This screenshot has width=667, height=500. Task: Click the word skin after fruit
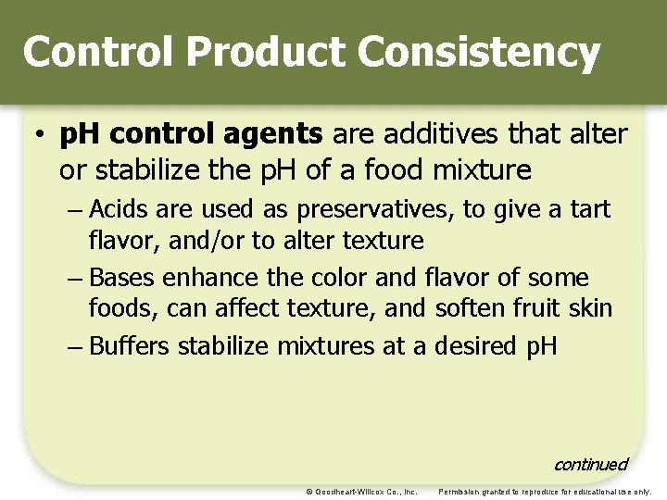[x=591, y=307]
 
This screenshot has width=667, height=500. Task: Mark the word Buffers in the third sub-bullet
[x=130, y=346]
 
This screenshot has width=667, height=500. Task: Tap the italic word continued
[x=590, y=464]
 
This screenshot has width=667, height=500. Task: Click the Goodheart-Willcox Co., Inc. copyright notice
[x=361, y=491]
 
